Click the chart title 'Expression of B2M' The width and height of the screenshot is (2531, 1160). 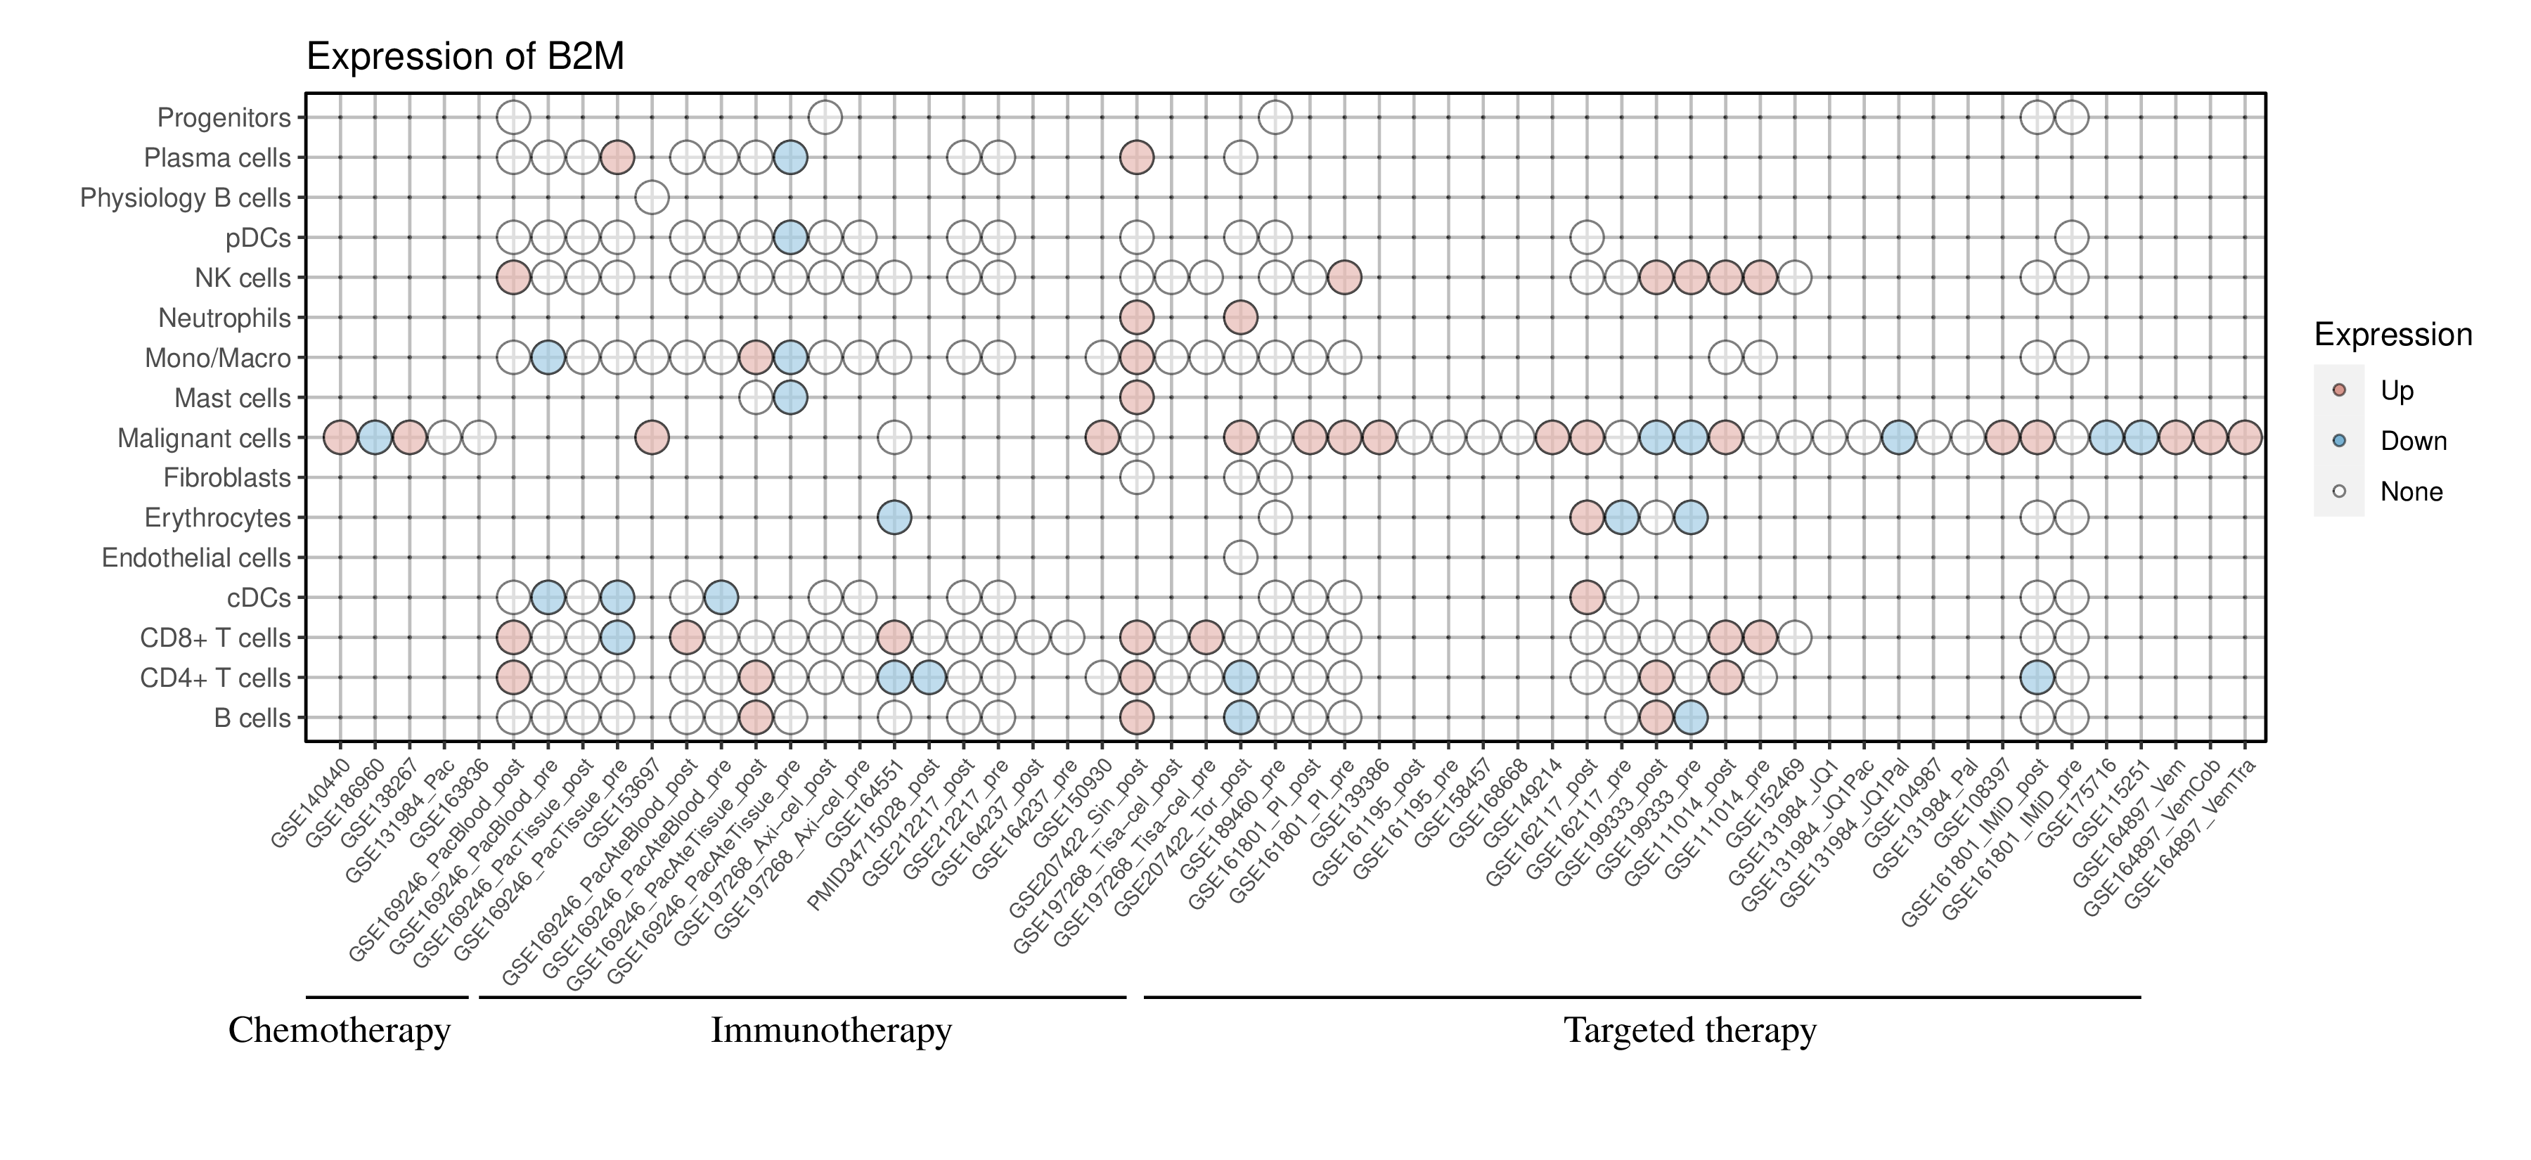[465, 57]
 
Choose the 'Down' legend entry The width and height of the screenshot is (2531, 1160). [2412, 441]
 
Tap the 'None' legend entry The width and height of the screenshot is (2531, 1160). [2410, 492]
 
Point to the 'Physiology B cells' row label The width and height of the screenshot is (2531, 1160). [186, 198]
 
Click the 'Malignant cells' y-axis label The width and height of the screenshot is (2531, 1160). [205, 438]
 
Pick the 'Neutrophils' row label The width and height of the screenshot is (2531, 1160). [225, 318]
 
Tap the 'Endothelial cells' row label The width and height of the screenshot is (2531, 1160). [197, 558]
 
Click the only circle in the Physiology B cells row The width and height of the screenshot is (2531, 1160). [652, 198]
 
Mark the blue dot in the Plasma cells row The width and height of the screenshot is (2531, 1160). [790, 157]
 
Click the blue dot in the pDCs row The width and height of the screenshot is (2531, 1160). [790, 238]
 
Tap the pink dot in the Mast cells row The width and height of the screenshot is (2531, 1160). [1136, 398]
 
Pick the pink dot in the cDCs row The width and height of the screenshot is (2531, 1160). [1586, 597]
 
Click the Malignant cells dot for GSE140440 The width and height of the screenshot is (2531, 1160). [340, 438]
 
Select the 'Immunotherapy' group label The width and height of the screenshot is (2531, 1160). [830, 1031]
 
